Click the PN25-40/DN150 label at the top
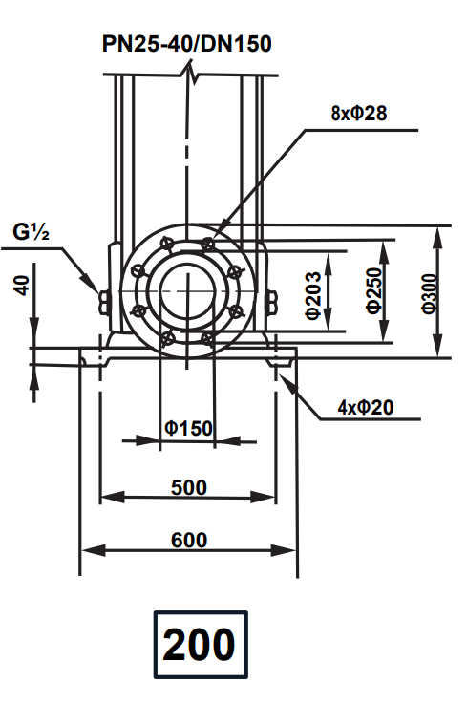point(188,44)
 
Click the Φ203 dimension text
point(311,293)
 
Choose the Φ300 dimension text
point(429,292)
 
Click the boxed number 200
point(199,645)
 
